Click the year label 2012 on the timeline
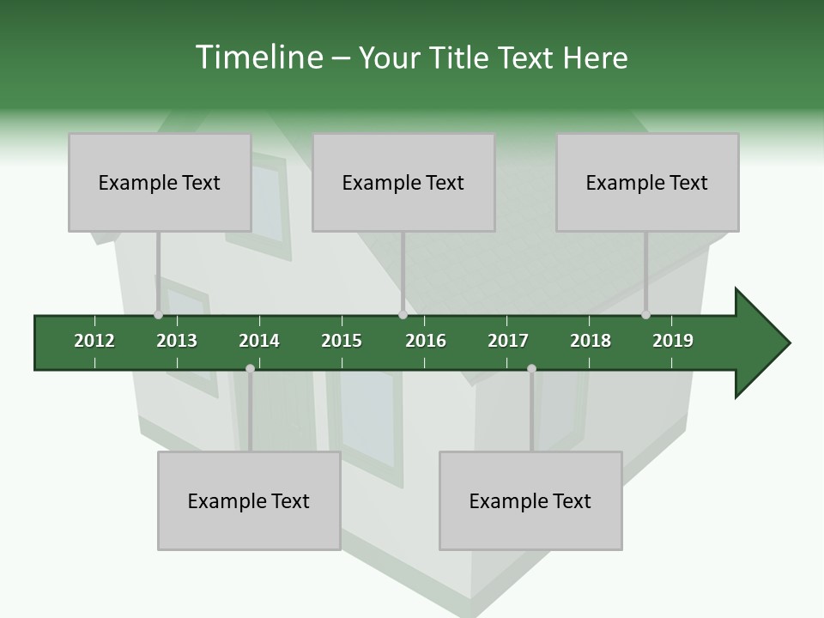[x=94, y=341]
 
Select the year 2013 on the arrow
[x=177, y=341]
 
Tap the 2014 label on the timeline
[x=259, y=341]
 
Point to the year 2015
[x=342, y=341]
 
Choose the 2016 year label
[x=426, y=341]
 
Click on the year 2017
[x=508, y=341]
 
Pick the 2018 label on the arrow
[x=591, y=341]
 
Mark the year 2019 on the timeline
[x=673, y=341]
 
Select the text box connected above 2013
[x=160, y=182]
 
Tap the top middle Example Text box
[x=403, y=182]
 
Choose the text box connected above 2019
[x=647, y=182]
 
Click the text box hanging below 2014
[x=249, y=500]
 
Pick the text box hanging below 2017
[x=530, y=500]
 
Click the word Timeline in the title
[x=257, y=58]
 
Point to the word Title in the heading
[x=463, y=58]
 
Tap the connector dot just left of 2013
[x=158, y=315]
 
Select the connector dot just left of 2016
[x=403, y=315]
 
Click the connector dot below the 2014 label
[x=250, y=369]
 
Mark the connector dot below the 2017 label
[x=531, y=369]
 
